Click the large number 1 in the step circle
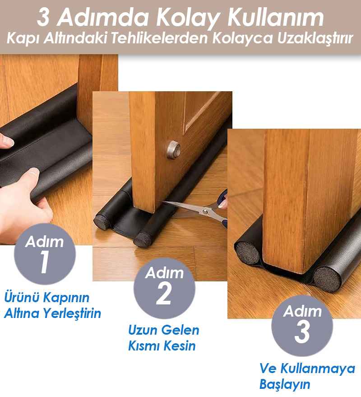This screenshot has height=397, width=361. (x=45, y=262)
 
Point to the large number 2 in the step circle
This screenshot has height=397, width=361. (x=164, y=294)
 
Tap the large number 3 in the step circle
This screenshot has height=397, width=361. (x=302, y=332)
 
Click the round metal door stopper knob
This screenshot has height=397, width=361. (x=174, y=150)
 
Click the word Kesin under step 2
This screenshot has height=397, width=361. (x=182, y=346)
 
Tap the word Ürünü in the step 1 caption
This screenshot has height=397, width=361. (x=19, y=297)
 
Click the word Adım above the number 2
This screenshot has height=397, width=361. (x=164, y=273)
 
